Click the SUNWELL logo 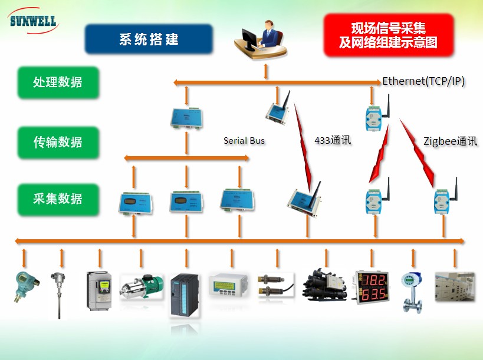point(34,22)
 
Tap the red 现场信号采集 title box point(388,35)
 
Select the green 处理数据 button point(58,82)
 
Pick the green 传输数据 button point(58,142)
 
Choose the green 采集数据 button point(58,199)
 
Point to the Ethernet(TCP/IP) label point(423,81)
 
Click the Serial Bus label point(244,141)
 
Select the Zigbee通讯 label point(450,141)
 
